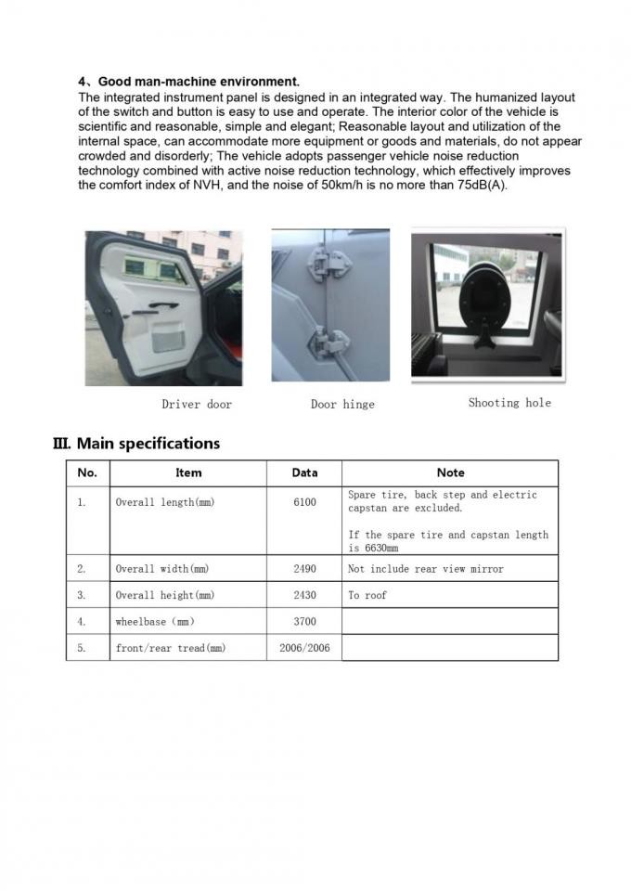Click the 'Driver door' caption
tap(197, 404)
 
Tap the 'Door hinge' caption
tap(342, 404)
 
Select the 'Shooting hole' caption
tap(509, 403)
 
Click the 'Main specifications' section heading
tap(137, 443)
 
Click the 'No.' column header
tap(87, 472)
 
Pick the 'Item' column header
tap(188, 472)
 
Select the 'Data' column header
tap(304, 472)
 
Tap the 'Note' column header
tap(450, 472)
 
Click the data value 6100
tap(304, 502)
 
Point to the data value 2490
tap(304, 569)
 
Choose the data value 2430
tap(304, 595)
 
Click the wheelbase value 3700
tap(304, 621)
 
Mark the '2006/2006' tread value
tap(304, 648)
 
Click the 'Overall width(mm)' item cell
tap(164, 569)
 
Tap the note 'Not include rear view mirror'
tap(425, 569)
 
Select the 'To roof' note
tap(367, 595)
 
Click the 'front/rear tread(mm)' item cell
tap(170, 648)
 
